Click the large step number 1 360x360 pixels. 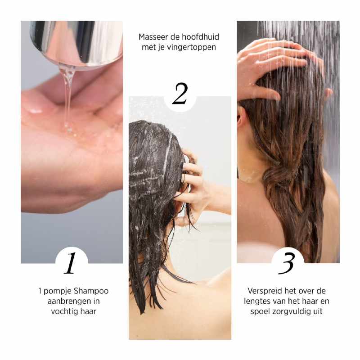coord(70,263)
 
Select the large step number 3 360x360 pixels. coord(287,264)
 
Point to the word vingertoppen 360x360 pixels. coord(192,47)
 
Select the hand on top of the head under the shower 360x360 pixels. coord(274,63)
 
